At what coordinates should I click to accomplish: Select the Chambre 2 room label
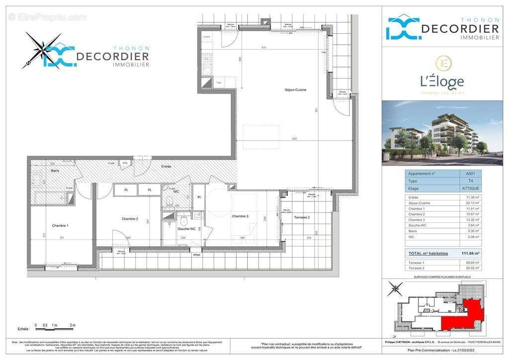click(130, 219)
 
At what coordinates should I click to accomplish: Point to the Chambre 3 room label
click(241, 216)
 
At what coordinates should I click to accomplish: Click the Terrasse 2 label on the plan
click(302, 218)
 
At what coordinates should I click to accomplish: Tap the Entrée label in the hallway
click(166, 167)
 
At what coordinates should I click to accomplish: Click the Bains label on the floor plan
click(55, 171)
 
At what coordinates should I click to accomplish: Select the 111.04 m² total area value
click(470, 254)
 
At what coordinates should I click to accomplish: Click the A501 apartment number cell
click(463, 174)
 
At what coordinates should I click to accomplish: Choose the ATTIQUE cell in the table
click(463, 188)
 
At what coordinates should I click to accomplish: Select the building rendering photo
click(432, 133)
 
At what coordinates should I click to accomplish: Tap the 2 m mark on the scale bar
click(72, 326)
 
